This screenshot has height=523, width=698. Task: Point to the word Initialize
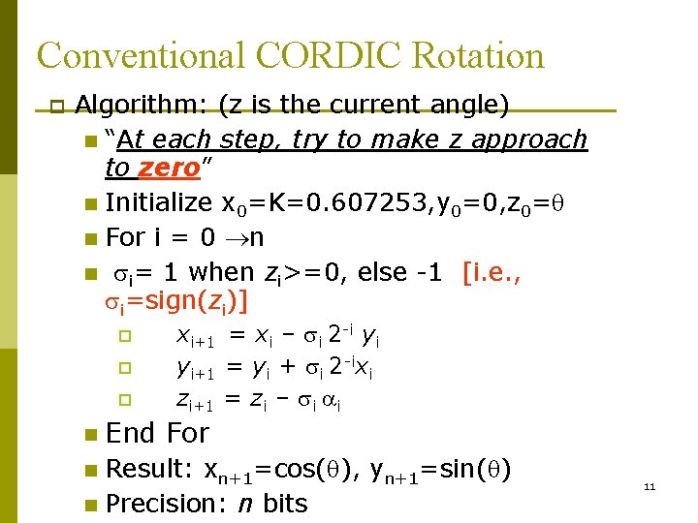click(158, 202)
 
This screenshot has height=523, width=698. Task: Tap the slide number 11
click(650, 486)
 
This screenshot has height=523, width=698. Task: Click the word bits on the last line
click(284, 504)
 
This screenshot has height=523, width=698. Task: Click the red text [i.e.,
click(492, 273)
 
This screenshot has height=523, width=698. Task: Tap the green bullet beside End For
click(90, 433)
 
